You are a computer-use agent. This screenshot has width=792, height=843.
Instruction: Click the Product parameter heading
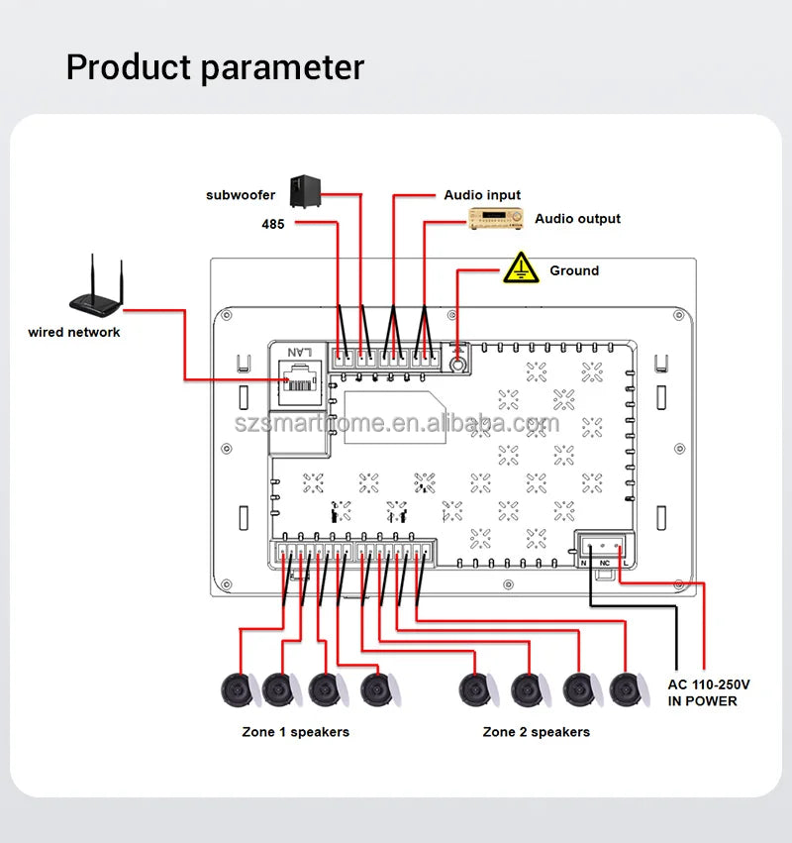[215, 67]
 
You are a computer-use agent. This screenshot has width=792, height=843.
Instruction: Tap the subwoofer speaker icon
[304, 192]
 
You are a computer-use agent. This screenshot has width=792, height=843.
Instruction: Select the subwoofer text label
[241, 195]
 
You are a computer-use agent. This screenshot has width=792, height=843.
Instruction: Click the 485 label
[273, 225]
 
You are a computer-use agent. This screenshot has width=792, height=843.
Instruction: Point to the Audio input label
[482, 195]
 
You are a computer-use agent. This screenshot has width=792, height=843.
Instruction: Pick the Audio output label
[578, 218]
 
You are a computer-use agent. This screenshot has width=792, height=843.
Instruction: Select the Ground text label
[574, 270]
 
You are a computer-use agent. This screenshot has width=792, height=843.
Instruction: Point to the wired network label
[74, 332]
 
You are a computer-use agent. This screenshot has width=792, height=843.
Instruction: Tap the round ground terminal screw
[458, 364]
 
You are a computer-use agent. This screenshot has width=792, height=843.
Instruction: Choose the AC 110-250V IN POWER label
[709, 692]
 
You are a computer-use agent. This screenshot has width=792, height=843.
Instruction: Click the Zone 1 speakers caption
[295, 732]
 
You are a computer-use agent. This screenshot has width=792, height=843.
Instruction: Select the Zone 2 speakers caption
[536, 732]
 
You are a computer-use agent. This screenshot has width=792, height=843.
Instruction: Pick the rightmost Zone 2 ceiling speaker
[628, 689]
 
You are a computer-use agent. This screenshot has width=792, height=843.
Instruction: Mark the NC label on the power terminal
[605, 563]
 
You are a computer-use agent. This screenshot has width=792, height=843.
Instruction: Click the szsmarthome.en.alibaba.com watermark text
[396, 425]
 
